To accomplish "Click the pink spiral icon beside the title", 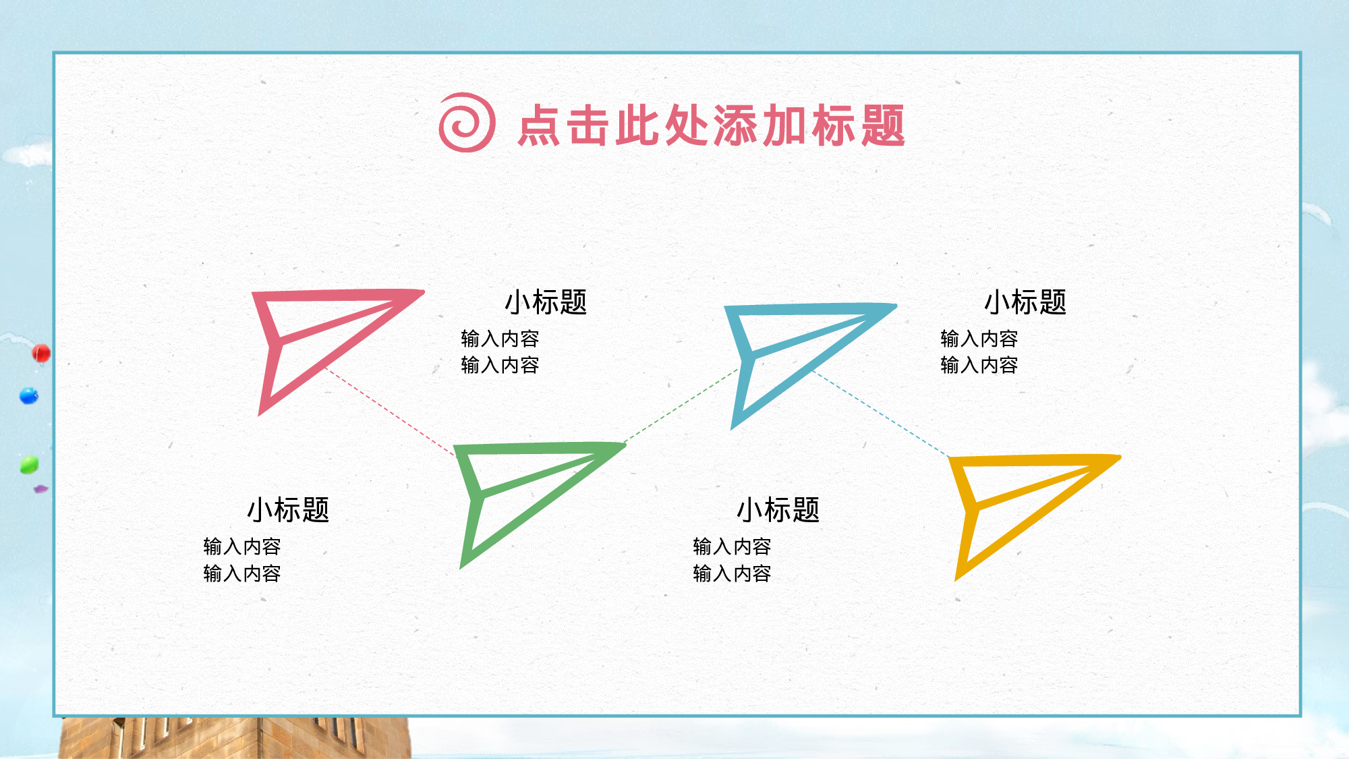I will [x=467, y=123].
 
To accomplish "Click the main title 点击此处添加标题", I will [x=711, y=125].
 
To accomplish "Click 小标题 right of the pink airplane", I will [x=546, y=302].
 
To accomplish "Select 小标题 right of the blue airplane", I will [x=1025, y=302].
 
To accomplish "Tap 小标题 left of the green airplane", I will [x=288, y=509].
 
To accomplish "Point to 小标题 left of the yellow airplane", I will [x=778, y=509].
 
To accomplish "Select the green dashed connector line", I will [x=681, y=405].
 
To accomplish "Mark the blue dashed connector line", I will [x=880, y=413].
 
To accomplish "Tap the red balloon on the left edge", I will [x=41, y=353].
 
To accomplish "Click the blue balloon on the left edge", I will [x=29, y=395].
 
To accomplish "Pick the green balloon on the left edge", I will [x=29, y=464].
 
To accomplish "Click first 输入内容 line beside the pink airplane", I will [x=500, y=338].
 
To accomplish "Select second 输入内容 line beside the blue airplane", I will [x=979, y=365].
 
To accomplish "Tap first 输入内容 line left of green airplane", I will [x=241, y=546].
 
